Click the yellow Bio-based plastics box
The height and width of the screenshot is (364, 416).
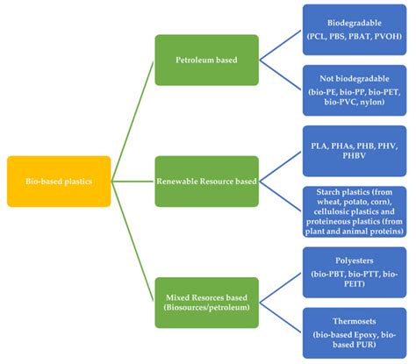[x=59, y=181]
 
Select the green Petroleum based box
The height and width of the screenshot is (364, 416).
[x=206, y=61]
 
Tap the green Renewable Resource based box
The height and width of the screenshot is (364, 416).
[x=206, y=182]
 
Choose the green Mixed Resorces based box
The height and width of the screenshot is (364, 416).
[x=206, y=302]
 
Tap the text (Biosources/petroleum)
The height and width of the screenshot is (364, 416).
[x=206, y=309]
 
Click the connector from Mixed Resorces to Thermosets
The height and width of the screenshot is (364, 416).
[x=279, y=318]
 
